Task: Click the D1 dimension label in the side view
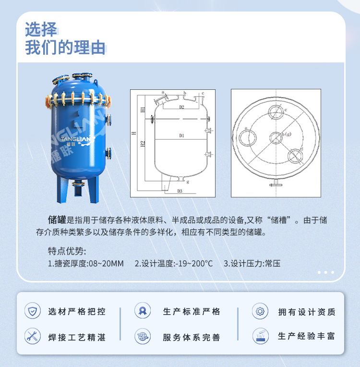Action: tap(182, 136)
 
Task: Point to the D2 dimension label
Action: tap(182, 107)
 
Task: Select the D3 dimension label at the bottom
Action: tap(180, 191)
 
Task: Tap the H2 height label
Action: tap(143, 143)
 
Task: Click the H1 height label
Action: tap(143, 110)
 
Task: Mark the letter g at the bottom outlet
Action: tap(188, 182)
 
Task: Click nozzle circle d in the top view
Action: tap(294, 156)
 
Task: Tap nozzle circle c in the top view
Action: tap(276, 113)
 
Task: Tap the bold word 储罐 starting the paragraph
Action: tap(57, 220)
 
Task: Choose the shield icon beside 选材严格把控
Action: tap(33, 311)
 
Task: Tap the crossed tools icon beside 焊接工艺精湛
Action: tap(33, 336)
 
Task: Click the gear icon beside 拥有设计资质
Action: tap(260, 311)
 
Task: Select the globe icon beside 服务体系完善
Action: tap(143, 336)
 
